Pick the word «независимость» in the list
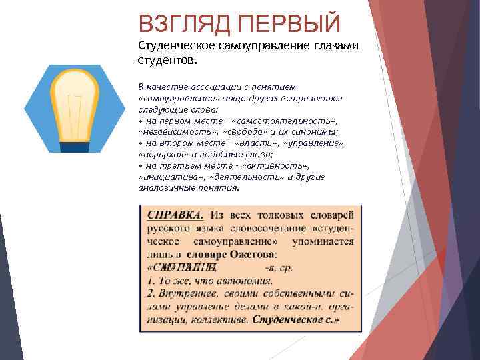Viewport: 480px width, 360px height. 173,132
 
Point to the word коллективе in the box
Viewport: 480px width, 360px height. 220,319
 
